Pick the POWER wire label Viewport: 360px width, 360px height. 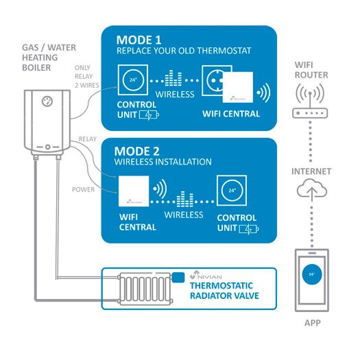coord(83,189)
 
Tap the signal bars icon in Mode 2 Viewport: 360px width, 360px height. coord(187,201)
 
